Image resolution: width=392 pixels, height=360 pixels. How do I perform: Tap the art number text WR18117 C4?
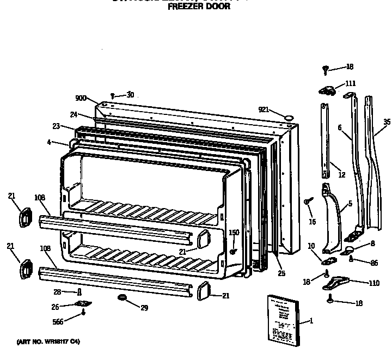tap(48, 341)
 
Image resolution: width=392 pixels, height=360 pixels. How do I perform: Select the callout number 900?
tap(81, 99)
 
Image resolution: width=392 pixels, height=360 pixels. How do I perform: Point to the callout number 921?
tap(264, 109)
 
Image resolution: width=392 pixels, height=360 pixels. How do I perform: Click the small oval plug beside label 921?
tap(288, 116)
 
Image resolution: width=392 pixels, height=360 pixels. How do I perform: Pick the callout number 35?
tap(387, 122)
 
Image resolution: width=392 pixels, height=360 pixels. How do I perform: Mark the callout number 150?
tap(234, 233)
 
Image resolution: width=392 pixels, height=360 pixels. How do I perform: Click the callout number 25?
tap(281, 273)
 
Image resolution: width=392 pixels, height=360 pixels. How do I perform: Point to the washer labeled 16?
tap(308, 202)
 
